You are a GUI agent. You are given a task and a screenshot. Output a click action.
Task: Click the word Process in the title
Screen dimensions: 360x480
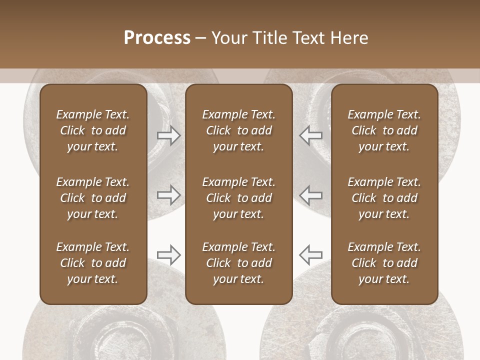tap(157, 38)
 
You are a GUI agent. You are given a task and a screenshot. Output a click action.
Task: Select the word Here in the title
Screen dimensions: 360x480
tap(349, 38)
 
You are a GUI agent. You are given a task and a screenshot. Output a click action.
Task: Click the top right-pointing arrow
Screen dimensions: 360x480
tap(168, 135)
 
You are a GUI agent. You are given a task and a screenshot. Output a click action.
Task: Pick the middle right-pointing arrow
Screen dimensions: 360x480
tap(168, 195)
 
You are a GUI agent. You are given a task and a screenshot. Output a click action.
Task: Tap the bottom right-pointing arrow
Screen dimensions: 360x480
tap(168, 255)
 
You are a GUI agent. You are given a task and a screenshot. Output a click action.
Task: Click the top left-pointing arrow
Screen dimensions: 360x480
tap(311, 135)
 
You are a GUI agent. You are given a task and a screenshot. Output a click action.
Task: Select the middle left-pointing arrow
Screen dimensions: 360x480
tap(311, 195)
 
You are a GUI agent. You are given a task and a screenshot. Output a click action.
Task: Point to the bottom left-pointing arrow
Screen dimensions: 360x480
tap(311, 255)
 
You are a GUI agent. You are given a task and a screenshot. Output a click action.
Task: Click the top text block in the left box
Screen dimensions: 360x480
tap(93, 130)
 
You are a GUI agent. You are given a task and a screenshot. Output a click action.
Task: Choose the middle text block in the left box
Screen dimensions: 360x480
tap(93, 198)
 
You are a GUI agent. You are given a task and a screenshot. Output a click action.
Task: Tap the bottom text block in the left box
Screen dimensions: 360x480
tap(93, 263)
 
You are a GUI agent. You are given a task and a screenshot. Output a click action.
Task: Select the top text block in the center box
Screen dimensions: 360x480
tap(239, 130)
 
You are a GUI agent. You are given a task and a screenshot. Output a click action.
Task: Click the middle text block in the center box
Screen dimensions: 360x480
tap(239, 198)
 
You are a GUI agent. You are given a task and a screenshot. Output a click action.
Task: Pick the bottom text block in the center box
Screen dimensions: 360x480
tap(239, 263)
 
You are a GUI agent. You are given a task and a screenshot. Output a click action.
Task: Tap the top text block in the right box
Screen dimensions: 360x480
tap(384, 130)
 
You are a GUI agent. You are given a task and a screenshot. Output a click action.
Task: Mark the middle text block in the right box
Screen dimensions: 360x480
tap(384, 198)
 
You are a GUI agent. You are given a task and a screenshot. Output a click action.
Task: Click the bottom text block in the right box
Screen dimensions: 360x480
tap(384, 263)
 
